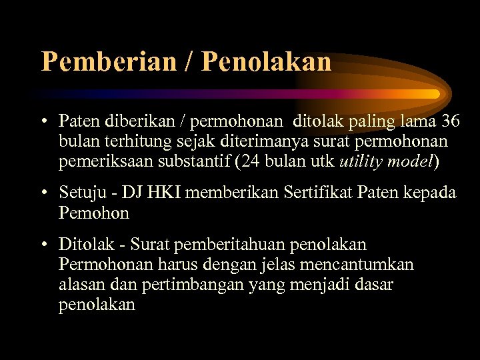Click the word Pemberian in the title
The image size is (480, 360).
click(x=108, y=61)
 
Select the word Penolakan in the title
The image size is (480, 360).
click(x=266, y=61)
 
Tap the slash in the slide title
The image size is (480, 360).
click(x=187, y=61)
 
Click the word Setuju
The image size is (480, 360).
click(x=80, y=193)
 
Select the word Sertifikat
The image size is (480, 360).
click(x=319, y=193)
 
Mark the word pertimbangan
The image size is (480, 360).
click(x=208, y=285)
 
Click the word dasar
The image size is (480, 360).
click(x=373, y=285)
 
